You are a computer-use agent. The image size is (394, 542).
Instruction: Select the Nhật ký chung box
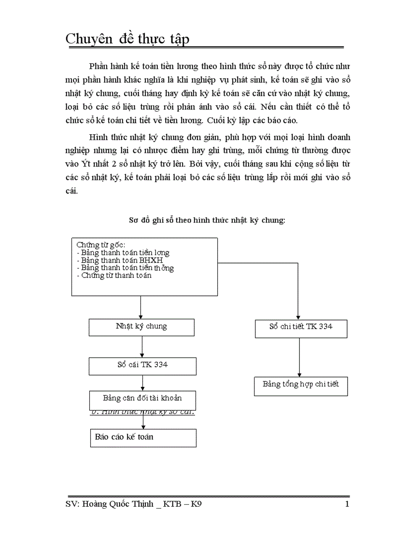pos(141,326)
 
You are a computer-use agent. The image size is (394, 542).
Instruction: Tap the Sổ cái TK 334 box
pos(142,365)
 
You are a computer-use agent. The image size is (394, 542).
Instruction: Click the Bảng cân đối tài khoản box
pos(142,399)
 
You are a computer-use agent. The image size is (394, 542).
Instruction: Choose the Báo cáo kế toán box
pos(143,437)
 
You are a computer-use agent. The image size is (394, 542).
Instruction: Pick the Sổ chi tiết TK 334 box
pos(300,327)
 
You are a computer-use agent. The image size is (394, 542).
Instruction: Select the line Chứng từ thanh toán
pos(114,276)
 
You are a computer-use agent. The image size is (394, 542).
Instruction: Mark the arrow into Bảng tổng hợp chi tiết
pos(300,357)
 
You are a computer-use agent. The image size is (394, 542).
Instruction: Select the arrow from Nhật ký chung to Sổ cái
pos(142,346)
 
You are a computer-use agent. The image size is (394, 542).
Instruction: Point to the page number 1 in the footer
pos(347,505)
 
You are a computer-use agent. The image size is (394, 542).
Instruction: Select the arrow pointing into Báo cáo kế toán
pos(143,422)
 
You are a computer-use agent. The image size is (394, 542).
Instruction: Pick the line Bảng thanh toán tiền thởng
pos(125,268)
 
